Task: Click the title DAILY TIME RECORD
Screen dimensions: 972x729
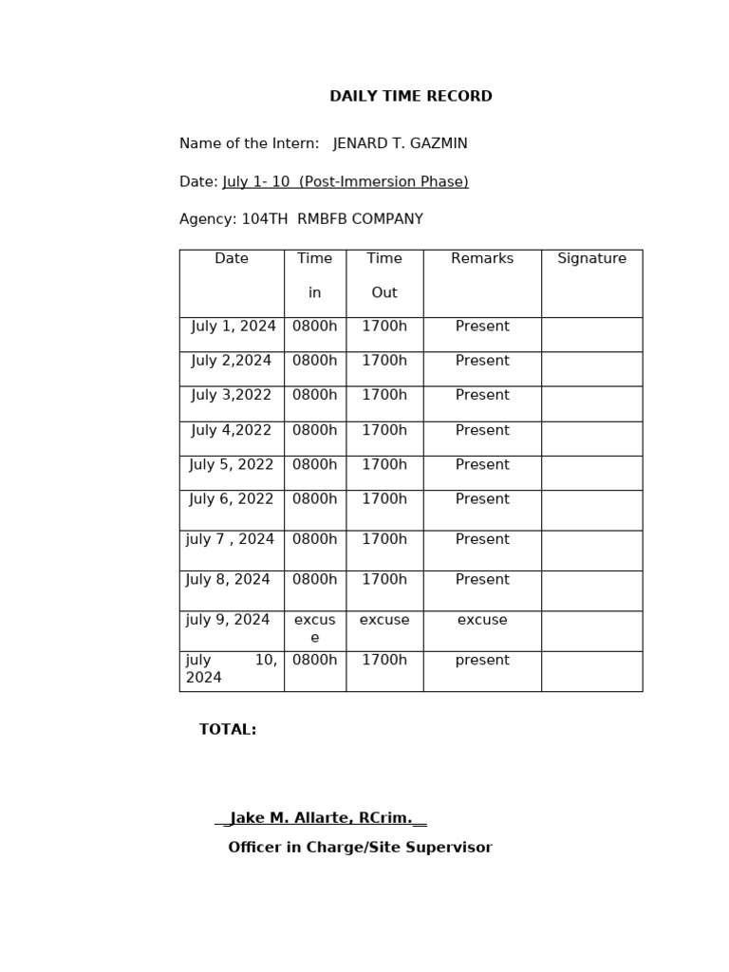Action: [410, 97]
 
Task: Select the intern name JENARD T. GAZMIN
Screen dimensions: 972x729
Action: [400, 144]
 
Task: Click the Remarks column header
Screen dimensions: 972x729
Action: [482, 259]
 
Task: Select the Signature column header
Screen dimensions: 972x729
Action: [591, 259]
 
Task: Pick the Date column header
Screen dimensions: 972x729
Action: [232, 259]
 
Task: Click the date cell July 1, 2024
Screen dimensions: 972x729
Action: [234, 327]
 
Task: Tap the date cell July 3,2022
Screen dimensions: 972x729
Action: [232, 396]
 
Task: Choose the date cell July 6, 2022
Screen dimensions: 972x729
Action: [232, 499]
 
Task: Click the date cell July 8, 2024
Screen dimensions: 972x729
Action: [228, 580]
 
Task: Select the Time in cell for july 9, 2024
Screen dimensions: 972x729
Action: [315, 628]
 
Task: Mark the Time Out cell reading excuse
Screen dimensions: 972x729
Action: [384, 621]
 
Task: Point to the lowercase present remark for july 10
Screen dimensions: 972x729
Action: [482, 661]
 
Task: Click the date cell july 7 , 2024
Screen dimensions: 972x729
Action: [230, 540]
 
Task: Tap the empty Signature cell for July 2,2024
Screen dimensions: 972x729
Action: [591, 368]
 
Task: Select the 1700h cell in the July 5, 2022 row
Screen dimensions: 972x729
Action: [384, 465]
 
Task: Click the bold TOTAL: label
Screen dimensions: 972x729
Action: [228, 730]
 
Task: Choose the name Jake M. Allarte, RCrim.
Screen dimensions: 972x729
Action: [321, 818]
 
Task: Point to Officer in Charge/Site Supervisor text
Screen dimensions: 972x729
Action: [360, 848]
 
